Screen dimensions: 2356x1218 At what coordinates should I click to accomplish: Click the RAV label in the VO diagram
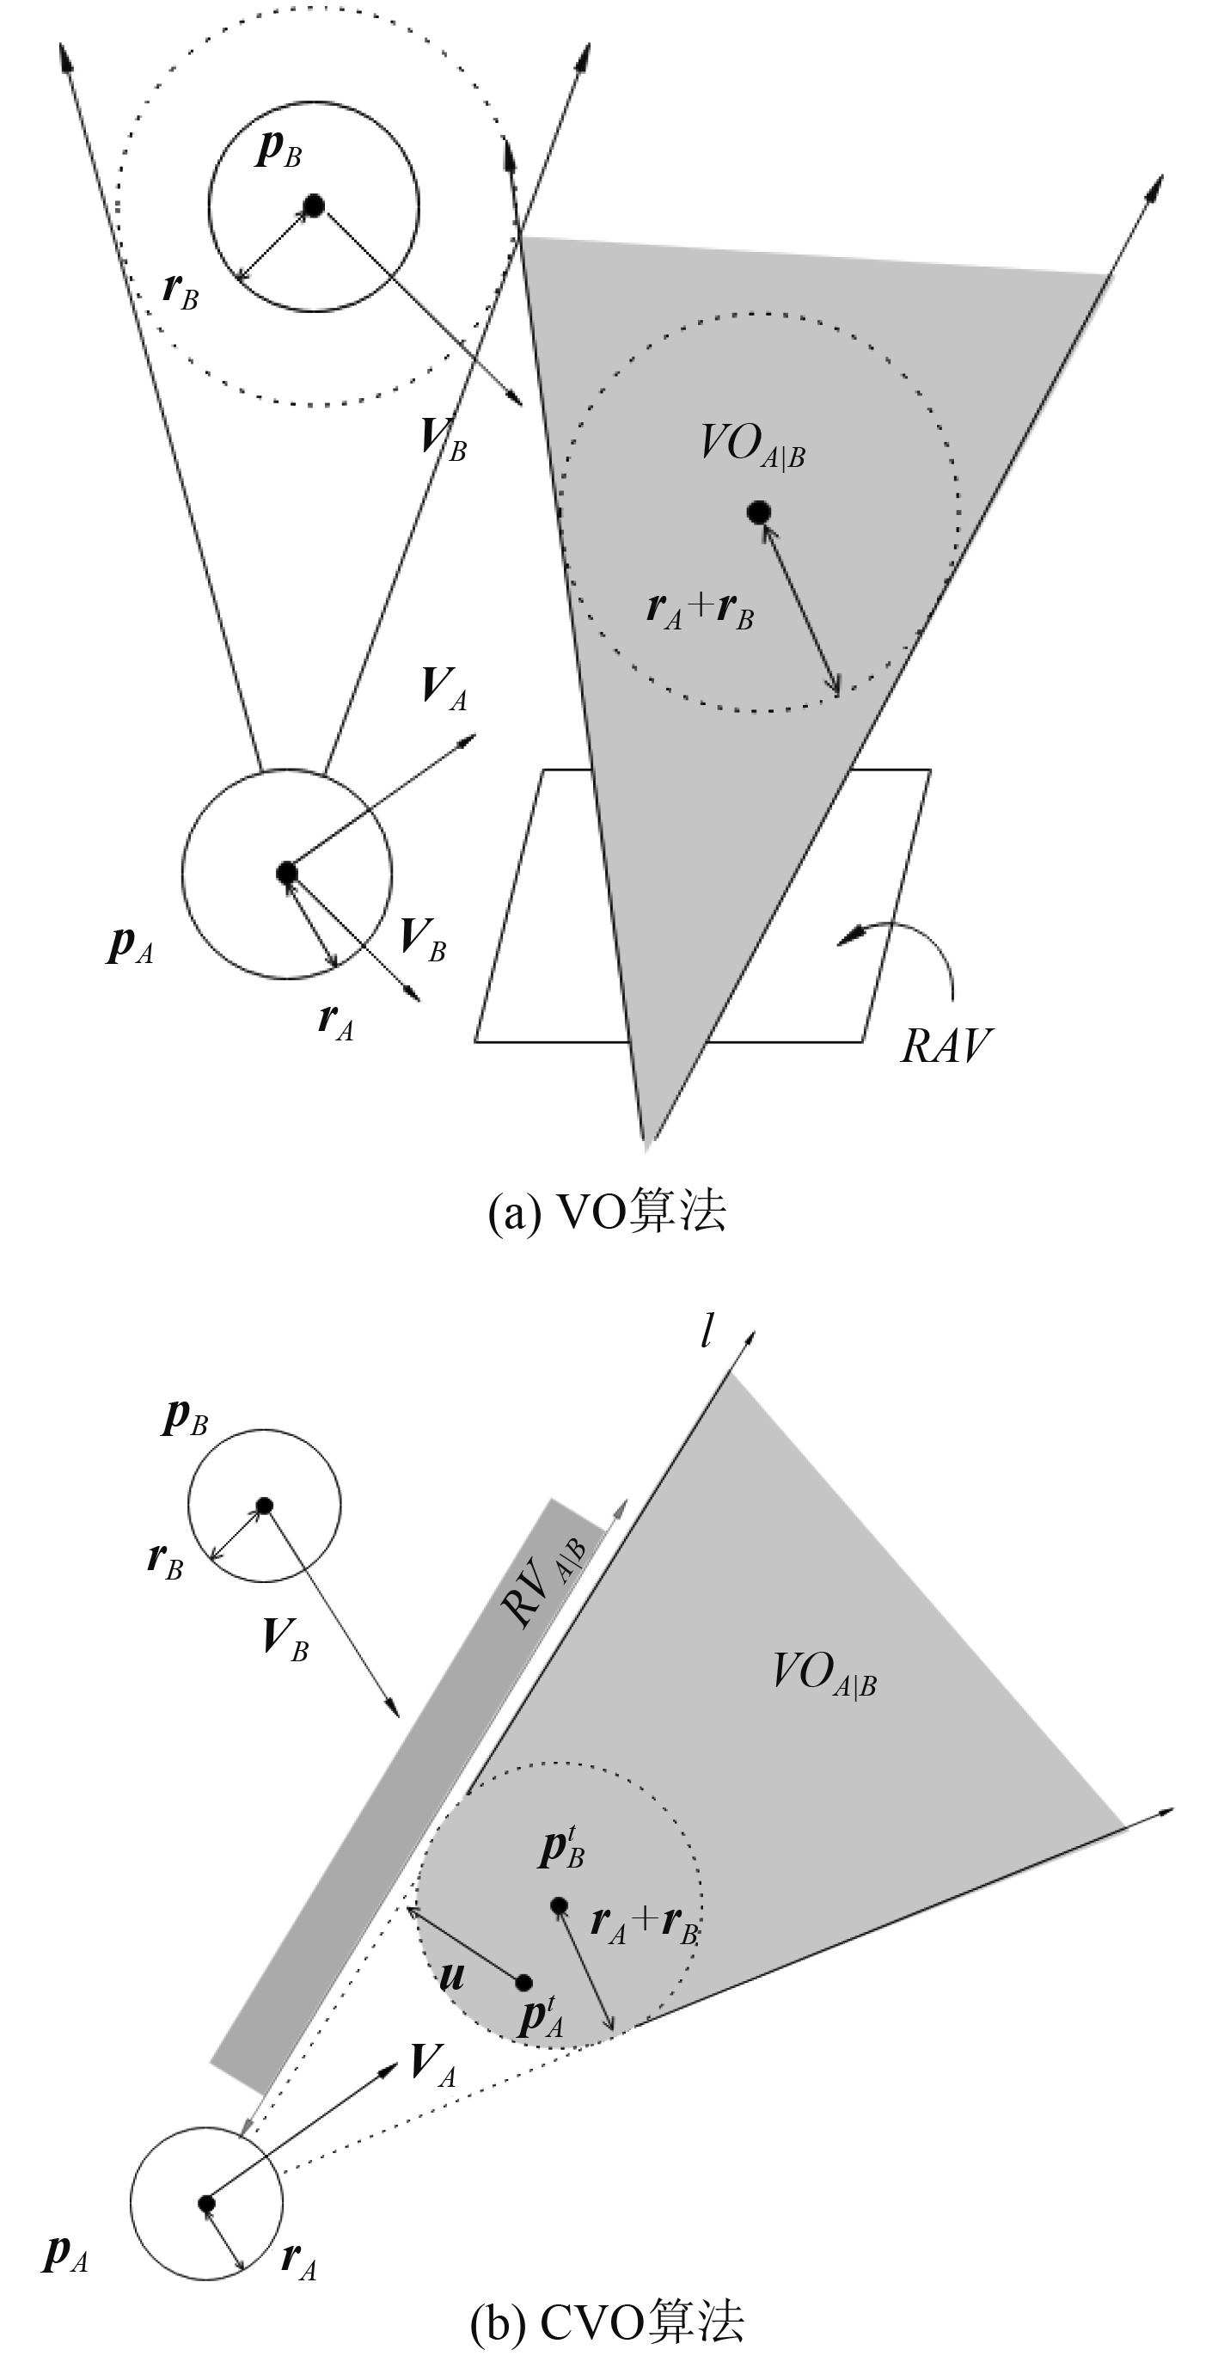click(946, 1046)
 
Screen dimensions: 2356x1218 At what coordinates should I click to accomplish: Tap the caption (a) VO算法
click(607, 1212)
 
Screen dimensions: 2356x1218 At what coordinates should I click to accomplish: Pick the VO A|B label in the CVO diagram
click(823, 1672)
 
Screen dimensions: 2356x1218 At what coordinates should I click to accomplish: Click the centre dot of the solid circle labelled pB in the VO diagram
click(314, 206)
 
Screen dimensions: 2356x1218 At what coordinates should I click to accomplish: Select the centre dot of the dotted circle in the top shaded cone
click(758, 512)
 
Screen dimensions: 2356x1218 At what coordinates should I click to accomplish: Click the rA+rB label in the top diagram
click(700, 610)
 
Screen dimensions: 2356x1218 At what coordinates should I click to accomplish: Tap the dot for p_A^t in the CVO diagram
click(524, 1982)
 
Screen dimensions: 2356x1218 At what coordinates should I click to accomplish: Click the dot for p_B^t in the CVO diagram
click(559, 1905)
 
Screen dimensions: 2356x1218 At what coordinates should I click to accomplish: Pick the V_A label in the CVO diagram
click(432, 2065)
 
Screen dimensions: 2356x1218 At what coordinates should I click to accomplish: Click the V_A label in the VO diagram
click(444, 688)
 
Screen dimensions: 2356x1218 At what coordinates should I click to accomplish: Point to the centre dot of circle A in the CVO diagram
click(206, 2203)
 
